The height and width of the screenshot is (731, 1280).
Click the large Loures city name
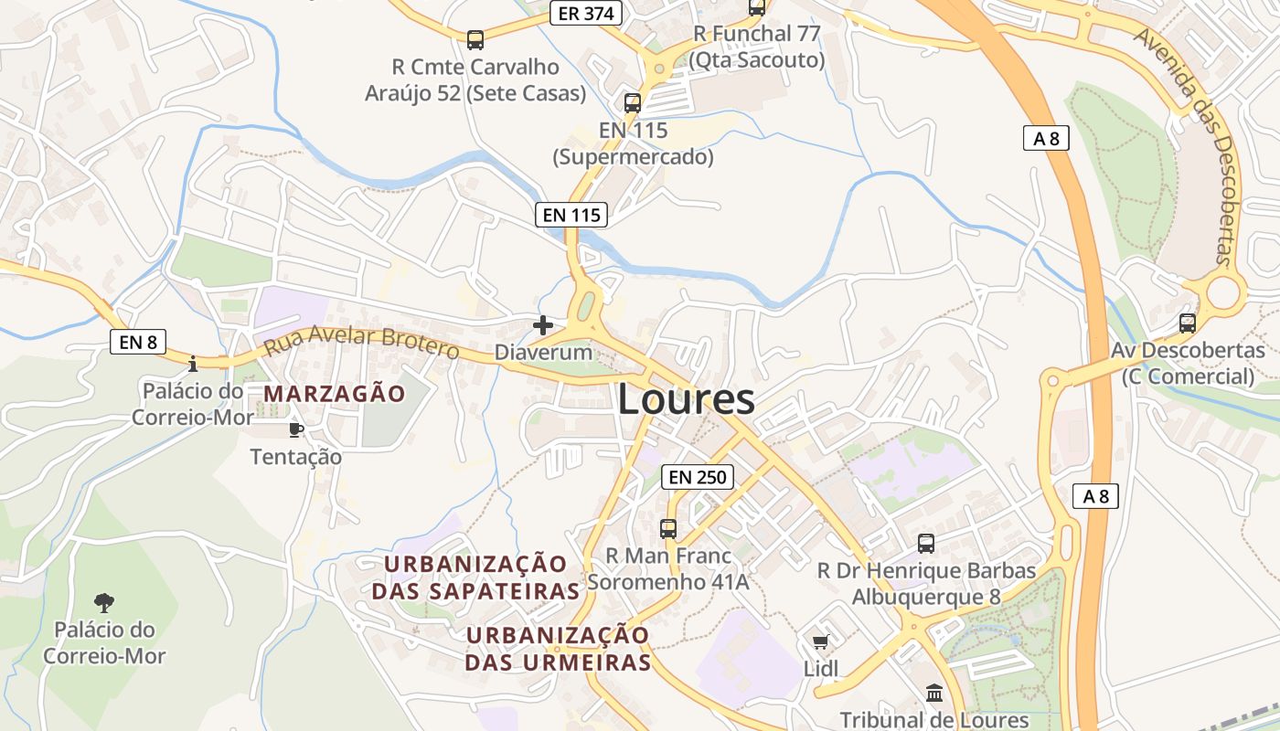click(x=687, y=400)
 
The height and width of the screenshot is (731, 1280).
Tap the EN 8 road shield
click(x=138, y=342)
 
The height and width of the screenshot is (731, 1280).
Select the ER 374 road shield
click(x=586, y=13)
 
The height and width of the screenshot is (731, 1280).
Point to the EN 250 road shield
click(x=698, y=476)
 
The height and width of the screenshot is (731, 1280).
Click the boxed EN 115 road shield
click(x=571, y=215)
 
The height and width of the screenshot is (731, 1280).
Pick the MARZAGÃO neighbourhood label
click(x=335, y=394)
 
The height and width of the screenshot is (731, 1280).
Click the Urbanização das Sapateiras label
click(x=475, y=577)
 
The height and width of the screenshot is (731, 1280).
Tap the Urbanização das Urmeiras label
click(x=558, y=649)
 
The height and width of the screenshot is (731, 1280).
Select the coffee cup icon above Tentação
click(x=295, y=429)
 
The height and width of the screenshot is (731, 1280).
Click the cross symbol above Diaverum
click(x=543, y=324)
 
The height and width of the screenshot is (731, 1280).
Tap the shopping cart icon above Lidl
click(x=820, y=641)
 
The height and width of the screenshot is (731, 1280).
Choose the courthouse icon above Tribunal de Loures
click(x=933, y=694)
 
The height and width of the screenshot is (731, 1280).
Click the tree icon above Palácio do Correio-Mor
click(x=104, y=602)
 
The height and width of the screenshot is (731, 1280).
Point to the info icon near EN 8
click(x=192, y=364)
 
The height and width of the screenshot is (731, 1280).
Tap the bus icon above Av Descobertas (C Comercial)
click(x=1187, y=323)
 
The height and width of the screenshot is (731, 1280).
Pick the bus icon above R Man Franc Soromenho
click(x=668, y=528)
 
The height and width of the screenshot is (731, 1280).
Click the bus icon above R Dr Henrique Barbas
click(x=925, y=543)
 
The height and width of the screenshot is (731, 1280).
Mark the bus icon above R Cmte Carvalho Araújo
click(x=475, y=39)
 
